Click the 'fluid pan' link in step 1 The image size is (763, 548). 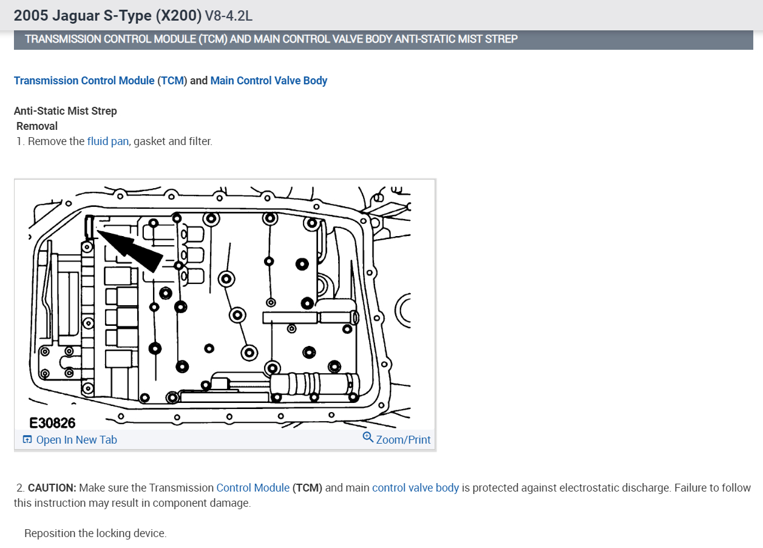[x=107, y=141]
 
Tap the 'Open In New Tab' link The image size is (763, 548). [x=76, y=440]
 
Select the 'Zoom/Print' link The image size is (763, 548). [x=403, y=440]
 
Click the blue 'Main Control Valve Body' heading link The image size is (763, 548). [x=269, y=81]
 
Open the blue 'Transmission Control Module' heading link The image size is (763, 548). [x=84, y=81]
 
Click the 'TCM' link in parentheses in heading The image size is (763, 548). [x=172, y=81]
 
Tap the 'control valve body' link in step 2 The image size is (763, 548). [x=415, y=488]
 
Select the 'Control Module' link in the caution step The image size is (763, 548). [x=253, y=488]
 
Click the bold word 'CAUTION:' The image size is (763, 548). [x=52, y=488]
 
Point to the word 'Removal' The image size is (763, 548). [x=37, y=126]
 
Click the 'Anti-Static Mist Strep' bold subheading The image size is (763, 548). [x=66, y=111]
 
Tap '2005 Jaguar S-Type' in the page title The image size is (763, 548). [x=83, y=15]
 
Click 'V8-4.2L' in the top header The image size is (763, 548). [x=229, y=16]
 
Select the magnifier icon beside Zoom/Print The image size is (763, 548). [x=368, y=438]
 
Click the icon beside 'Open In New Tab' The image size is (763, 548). [x=27, y=440]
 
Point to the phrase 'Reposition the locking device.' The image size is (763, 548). [x=95, y=533]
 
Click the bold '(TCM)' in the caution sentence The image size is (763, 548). [x=307, y=488]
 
